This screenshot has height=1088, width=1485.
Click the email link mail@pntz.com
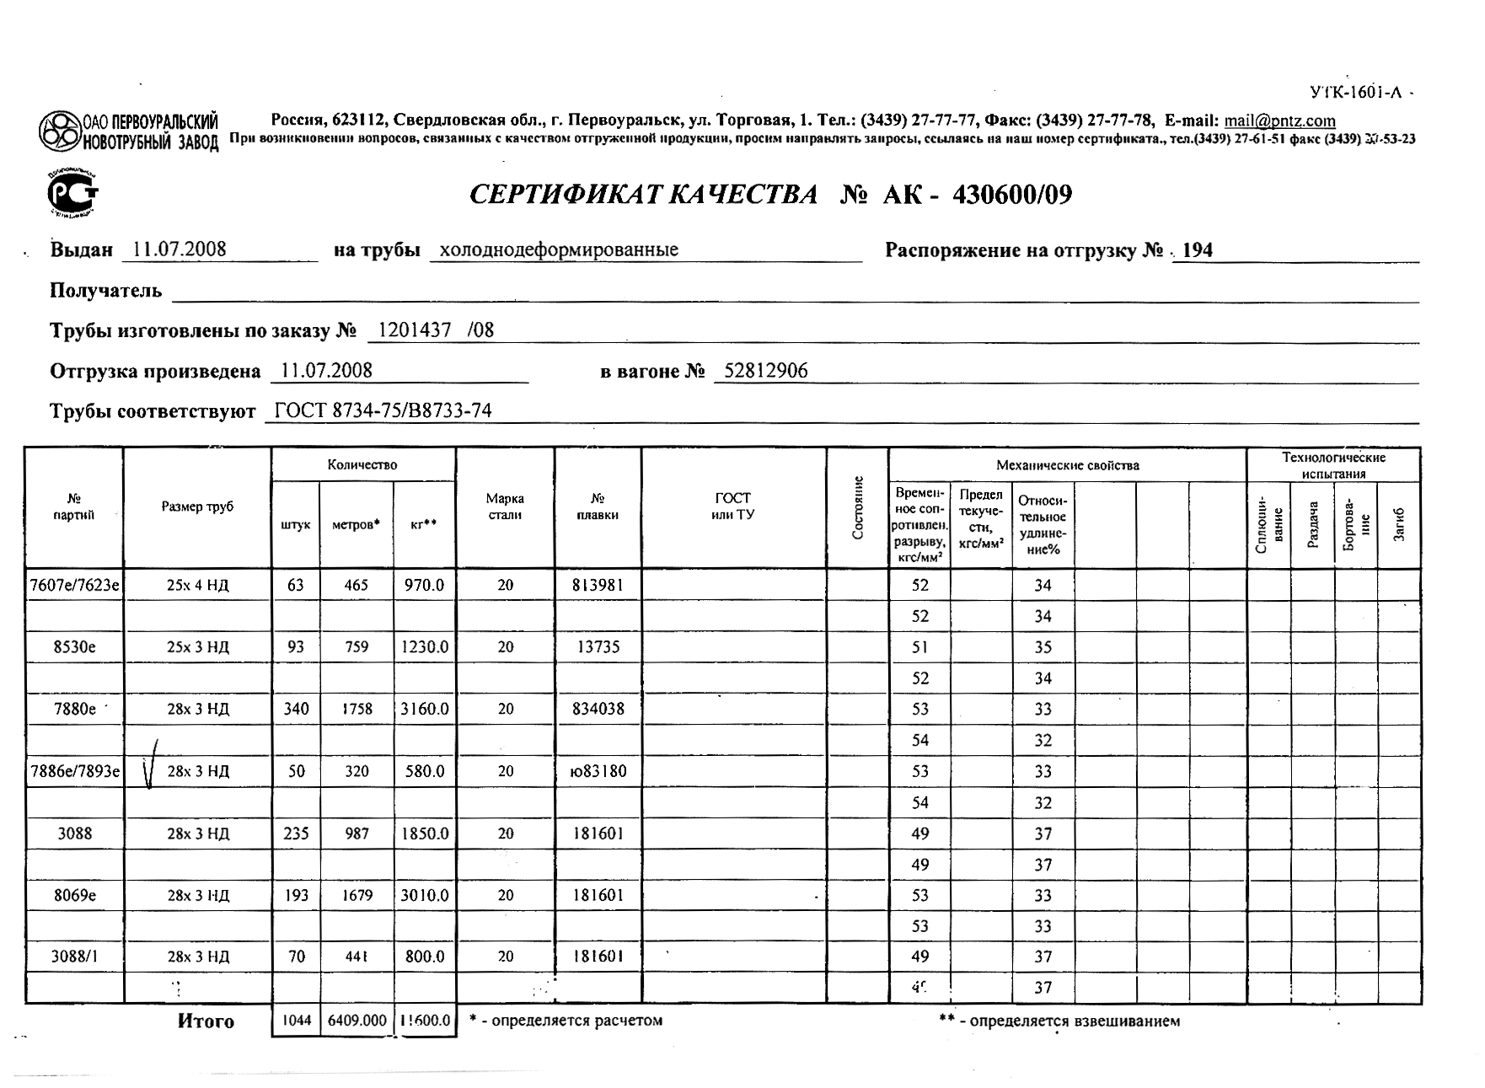(x=1279, y=121)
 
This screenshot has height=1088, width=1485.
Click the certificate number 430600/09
(x=1012, y=196)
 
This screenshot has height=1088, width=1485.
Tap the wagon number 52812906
(x=765, y=371)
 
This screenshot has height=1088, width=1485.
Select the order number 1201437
(x=415, y=330)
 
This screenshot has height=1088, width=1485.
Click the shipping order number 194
(x=1198, y=250)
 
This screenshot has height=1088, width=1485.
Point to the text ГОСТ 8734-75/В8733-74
(x=383, y=411)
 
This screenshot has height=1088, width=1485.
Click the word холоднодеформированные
(x=559, y=250)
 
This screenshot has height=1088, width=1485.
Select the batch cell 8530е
(x=74, y=647)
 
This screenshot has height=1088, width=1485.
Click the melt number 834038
(x=598, y=709)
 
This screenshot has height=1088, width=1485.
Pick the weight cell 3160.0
(x=425, y=709)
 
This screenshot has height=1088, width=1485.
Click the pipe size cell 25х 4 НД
(x=197, y=585)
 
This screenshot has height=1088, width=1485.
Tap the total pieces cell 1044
(x=296, y=1021)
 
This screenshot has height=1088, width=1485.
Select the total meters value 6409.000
(x=357, y=1021)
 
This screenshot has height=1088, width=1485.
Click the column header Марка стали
(x=505, y=506)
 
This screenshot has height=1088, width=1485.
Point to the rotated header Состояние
(x=858, y=508)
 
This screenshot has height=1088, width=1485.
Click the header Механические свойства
(x=1067, y=465)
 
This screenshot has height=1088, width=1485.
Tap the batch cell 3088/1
(x=74, y=957)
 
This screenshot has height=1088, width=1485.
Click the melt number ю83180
(x=598, y=771)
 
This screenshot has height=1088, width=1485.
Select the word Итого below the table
(x=206, y=1021)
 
